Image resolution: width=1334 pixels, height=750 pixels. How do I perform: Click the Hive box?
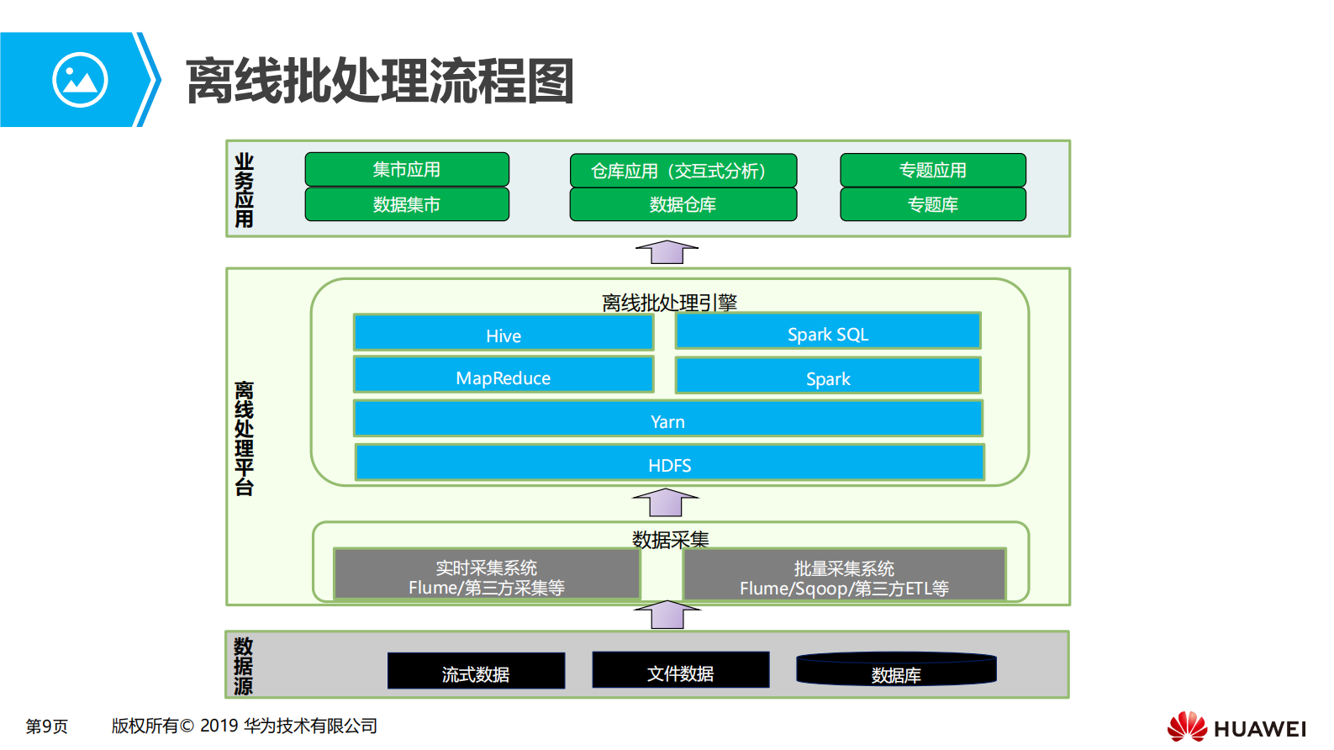(x=504, y=333)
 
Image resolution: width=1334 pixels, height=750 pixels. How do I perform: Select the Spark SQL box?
(x=828, y=331)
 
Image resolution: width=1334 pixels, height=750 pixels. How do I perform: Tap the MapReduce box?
(x=504, y=375)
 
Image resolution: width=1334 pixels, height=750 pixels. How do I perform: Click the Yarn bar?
(x=668, y=419)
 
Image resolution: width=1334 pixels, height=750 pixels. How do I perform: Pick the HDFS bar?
(x=670, y=462)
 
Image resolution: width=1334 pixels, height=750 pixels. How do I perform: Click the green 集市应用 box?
(x=407, y=169)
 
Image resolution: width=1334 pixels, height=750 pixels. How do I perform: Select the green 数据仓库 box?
(x=683, y=204)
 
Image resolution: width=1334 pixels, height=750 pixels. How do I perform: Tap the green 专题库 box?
(x=932, y=204)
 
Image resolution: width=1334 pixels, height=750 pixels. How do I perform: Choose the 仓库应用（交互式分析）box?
(x=683, y=170)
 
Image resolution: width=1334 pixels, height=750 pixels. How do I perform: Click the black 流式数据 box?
(x=476, y=671)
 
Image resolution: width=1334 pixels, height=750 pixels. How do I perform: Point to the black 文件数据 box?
(x=680, y=670)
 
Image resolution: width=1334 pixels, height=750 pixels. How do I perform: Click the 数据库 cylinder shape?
(x=896, y=670)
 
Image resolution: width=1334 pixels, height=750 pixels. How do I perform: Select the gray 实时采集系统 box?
(x=487, y=575)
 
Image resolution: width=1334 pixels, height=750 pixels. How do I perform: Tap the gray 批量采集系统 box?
(x=844, y=576)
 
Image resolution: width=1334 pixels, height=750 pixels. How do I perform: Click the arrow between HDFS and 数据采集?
(x=666, y=503)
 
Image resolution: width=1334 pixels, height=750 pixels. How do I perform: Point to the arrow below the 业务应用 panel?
(x=667, y=251)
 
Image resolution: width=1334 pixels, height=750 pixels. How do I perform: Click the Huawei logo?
(x=1236, y=726)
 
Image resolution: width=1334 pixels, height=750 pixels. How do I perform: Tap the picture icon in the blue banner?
(x=80, y=80)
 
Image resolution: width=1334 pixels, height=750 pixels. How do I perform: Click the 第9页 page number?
(x=46, y=726)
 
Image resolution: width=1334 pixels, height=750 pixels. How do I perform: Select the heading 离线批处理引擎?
(x=669, y=302)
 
